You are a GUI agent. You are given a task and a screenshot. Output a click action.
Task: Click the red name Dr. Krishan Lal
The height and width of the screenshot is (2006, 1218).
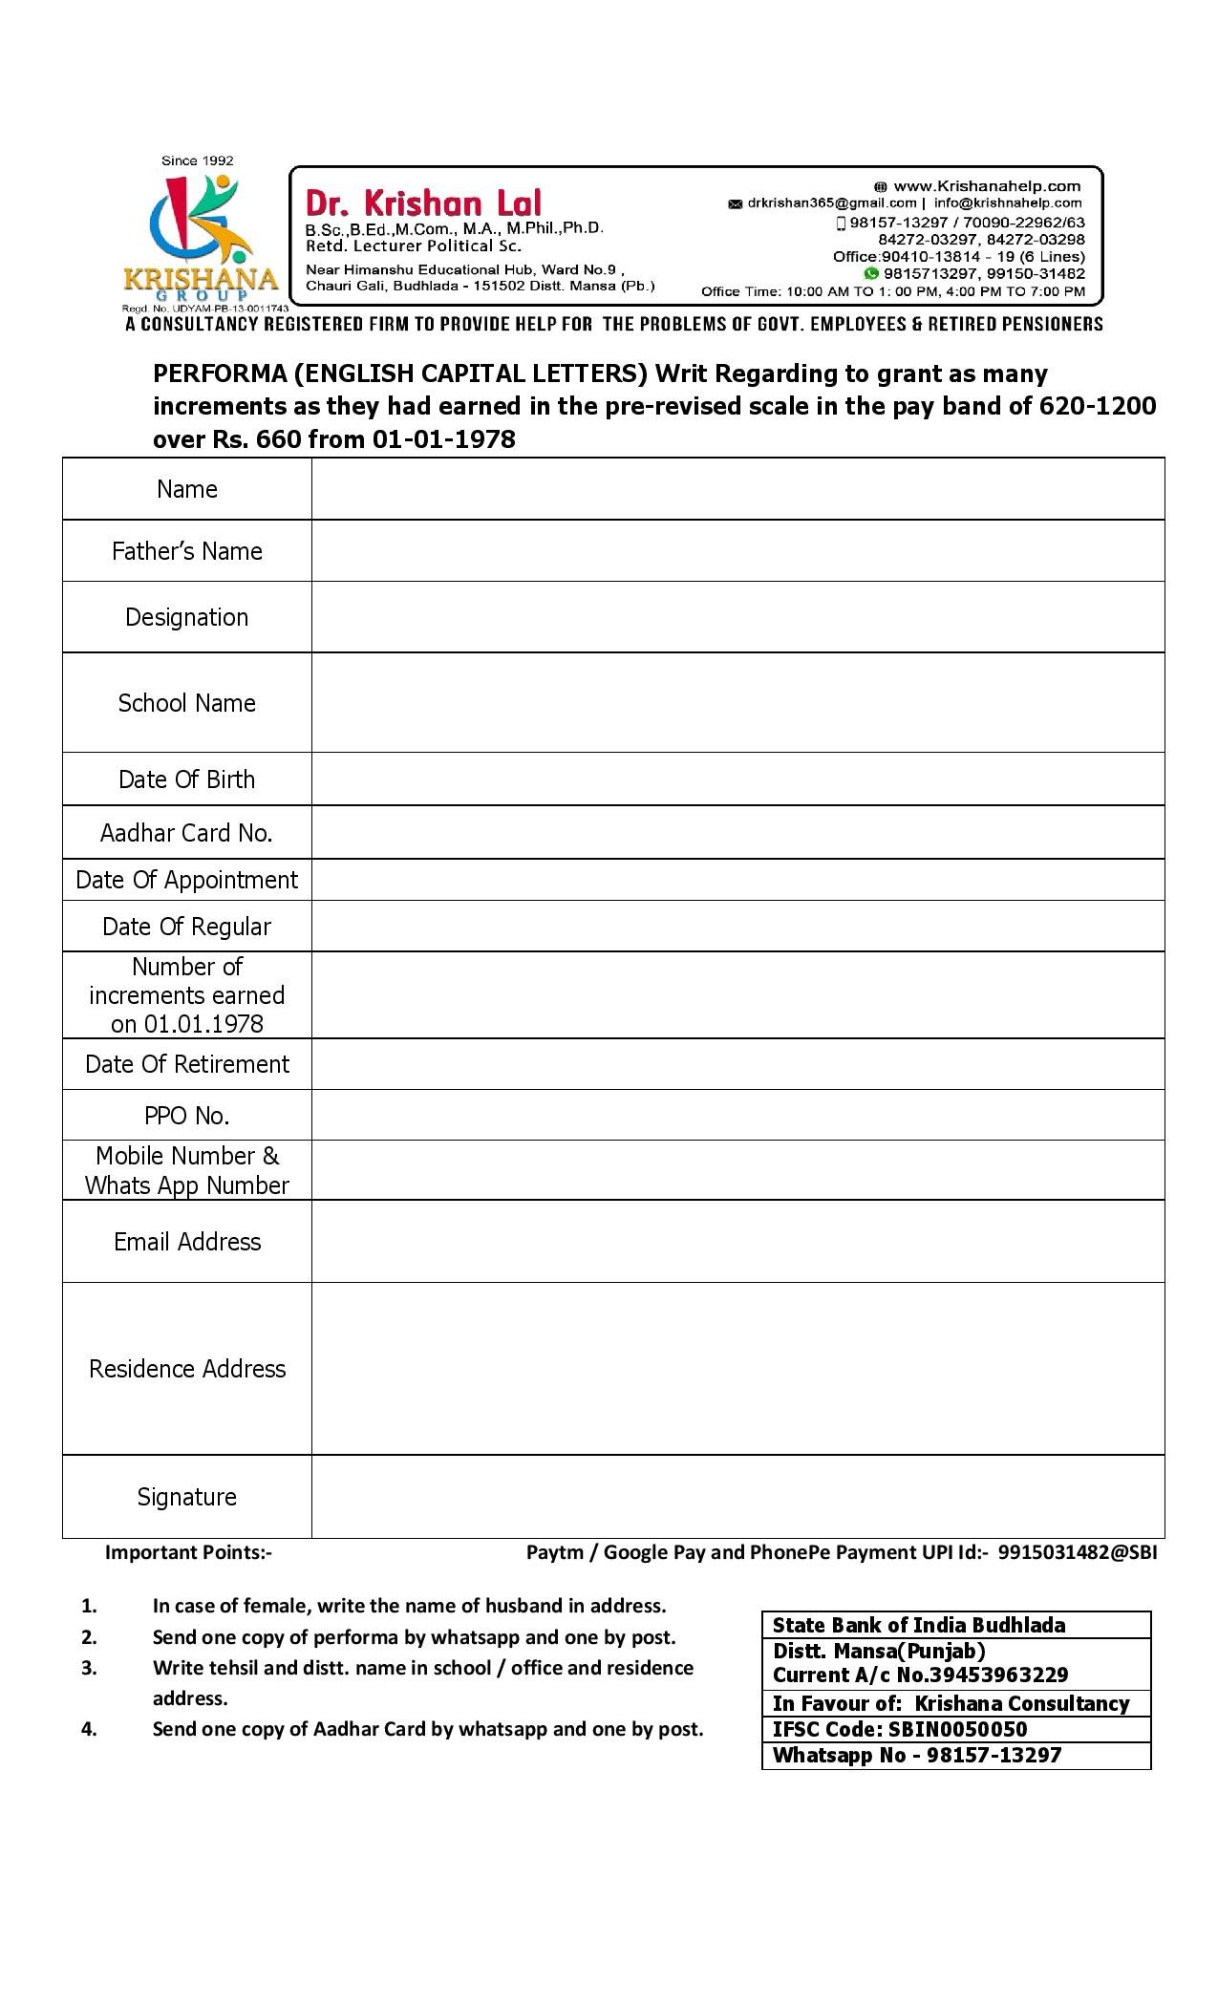(423, 203)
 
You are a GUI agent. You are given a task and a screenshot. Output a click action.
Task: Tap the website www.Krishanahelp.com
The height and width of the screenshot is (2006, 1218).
(986, 186)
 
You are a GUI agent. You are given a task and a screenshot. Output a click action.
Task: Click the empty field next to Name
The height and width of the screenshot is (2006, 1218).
(737, 489)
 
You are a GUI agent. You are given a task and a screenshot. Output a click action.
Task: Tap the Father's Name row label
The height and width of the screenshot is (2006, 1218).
(187, 551)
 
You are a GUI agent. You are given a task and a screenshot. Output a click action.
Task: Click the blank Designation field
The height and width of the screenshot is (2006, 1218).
(737, 617)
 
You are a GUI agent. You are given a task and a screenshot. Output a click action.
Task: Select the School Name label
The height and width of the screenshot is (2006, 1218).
(187, 703)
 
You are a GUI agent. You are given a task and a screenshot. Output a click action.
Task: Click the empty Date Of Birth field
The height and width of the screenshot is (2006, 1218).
(737, 779)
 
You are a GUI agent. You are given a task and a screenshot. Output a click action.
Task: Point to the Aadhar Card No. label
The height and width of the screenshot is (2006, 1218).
(187, 833)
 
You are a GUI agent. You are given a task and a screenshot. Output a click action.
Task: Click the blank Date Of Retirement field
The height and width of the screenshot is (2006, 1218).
(737, 1064)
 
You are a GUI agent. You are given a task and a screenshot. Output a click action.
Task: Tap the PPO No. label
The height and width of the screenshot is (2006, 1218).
(187, 1116)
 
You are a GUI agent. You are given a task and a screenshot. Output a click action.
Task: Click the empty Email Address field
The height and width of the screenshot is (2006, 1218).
(737, 1242)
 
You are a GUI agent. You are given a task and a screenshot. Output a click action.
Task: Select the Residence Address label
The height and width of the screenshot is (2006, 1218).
(187, 1369)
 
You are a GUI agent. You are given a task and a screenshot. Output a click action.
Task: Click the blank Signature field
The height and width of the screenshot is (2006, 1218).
(737, 1497)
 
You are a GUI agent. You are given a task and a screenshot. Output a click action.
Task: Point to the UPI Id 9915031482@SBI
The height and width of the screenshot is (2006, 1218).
(1078, 1552)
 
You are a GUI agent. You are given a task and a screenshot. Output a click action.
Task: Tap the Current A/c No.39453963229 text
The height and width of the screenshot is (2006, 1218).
(920, 1675)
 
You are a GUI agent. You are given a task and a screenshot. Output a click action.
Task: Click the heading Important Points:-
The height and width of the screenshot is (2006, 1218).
(188, 1552)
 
